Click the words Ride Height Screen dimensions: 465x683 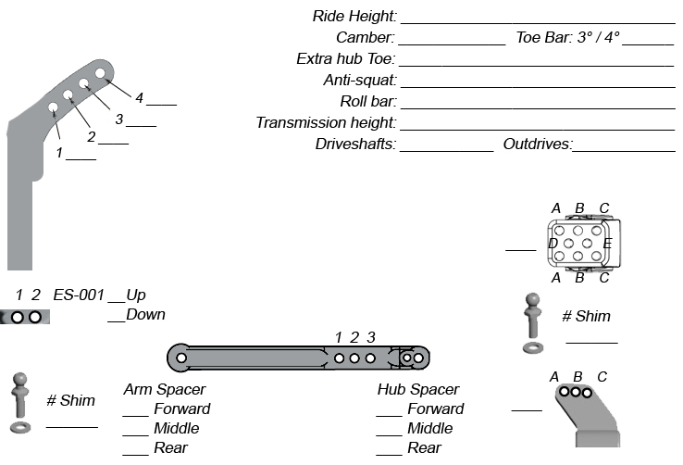[355, 17]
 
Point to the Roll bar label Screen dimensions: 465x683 [367, 102]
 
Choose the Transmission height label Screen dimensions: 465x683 [326, 123]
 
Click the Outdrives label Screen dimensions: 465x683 [538, 145]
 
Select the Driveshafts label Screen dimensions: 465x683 [355, 145]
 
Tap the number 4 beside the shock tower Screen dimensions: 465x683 [139, 98]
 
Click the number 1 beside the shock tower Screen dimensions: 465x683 [59, 153]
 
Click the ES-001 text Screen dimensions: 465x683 [79, 295]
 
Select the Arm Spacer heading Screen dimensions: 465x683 [164, 390]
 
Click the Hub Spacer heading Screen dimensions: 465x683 [417, 390]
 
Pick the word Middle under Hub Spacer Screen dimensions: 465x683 [430, 429]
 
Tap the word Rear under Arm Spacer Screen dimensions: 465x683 [170, 448]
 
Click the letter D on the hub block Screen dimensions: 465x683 [553, 244]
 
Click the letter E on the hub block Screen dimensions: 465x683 [607, 244]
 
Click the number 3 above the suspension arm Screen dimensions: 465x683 [371, 337]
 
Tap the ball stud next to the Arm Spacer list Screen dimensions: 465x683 [21, 401]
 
